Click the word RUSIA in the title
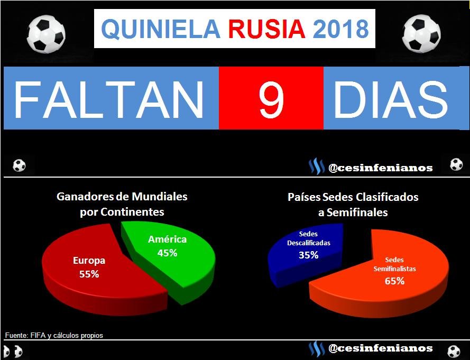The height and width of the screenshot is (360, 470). pos(266,29)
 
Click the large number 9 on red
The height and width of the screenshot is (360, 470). pos(271,98)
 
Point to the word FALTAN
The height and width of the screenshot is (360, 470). pos(108,98)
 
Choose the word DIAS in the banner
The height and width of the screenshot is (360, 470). pos(390,98)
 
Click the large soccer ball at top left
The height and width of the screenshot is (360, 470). pos(46,34)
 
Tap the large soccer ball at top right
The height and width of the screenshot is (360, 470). pos(421,34)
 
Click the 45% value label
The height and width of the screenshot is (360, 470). pos(167,253)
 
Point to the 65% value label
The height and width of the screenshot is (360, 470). pos(395,281)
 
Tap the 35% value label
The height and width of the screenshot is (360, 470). pos(308,255)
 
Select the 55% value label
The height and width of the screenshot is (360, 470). pos(89,274)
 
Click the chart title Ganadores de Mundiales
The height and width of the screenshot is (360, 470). pos(122,197)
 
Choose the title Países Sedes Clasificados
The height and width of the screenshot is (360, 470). pos(353,197)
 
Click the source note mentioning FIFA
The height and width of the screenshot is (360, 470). pos(54,336)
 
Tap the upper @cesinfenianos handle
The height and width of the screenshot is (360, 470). pos(381,168)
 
